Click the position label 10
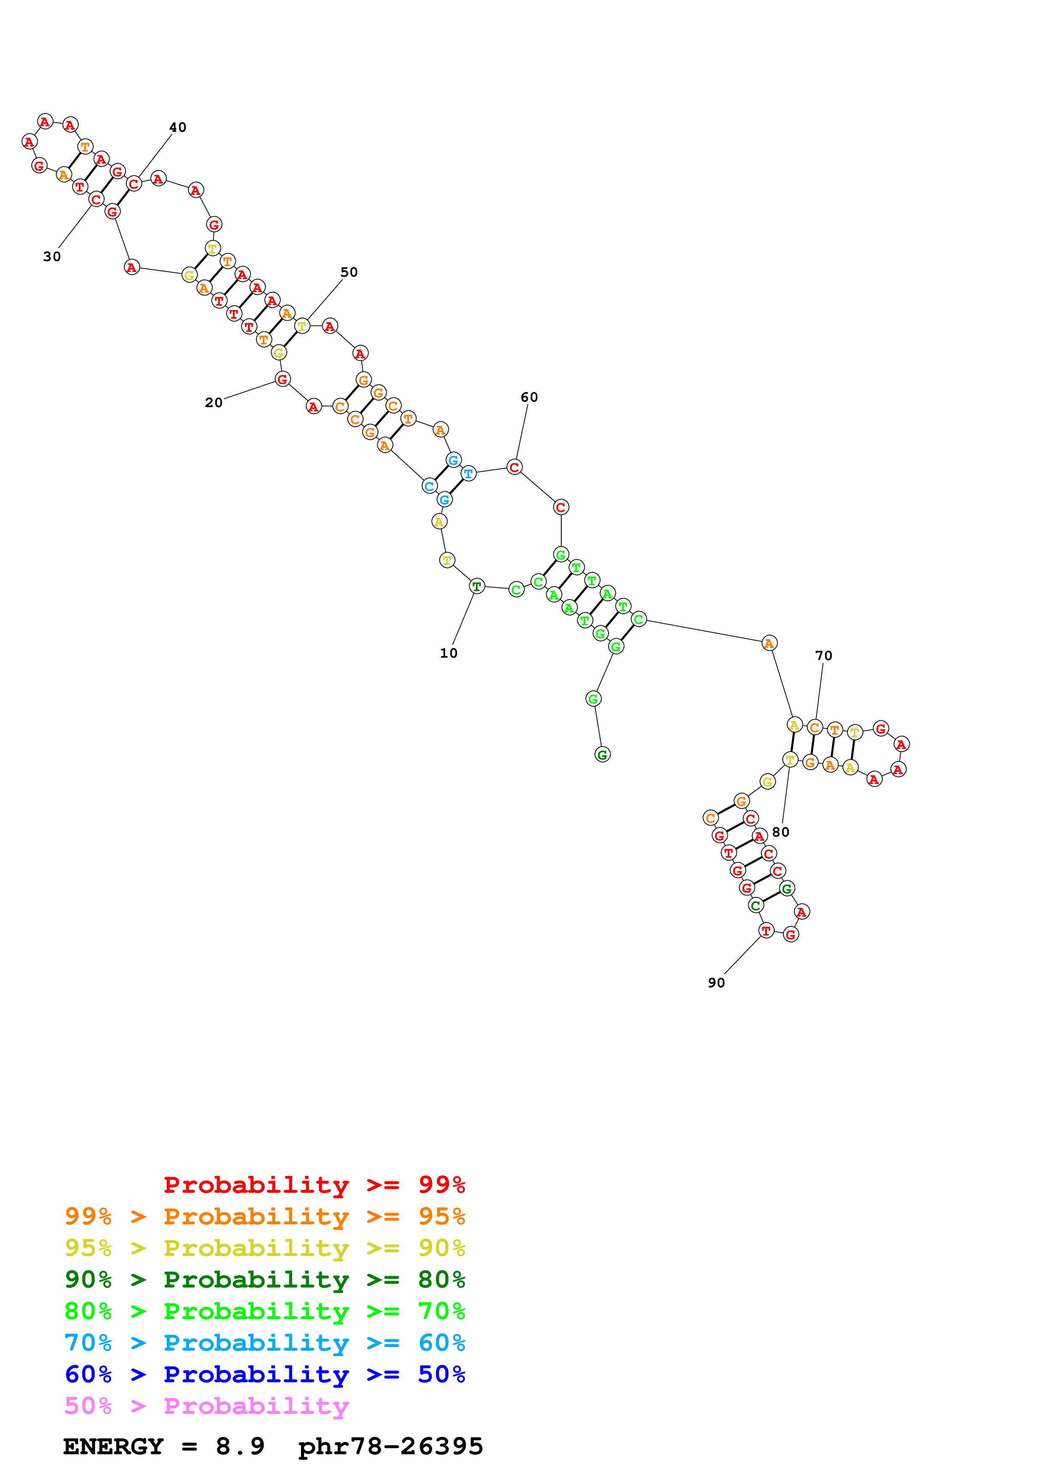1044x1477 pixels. pos(449,653)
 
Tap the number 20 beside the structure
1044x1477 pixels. pos(214,403)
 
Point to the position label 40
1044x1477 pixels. pos(178,128)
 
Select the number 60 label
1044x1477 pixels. pos(529,397)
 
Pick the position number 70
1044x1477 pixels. pos(823,656)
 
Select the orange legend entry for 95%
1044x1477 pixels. pos(264,1216)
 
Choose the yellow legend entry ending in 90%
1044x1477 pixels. pos(264,1248)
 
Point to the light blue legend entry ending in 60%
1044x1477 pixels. pos(264,1343)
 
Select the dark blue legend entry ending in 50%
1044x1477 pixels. pos(264,1374)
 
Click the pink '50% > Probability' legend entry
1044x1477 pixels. pos(206,1405)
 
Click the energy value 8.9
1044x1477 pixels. pos(240,1446)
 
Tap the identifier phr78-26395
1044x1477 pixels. pos(390,1446)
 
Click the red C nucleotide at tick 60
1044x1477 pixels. pos(513,467)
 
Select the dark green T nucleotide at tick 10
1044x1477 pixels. pos(476,586)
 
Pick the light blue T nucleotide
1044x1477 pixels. pos(468,474)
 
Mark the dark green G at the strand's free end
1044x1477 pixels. pos(602,754)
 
